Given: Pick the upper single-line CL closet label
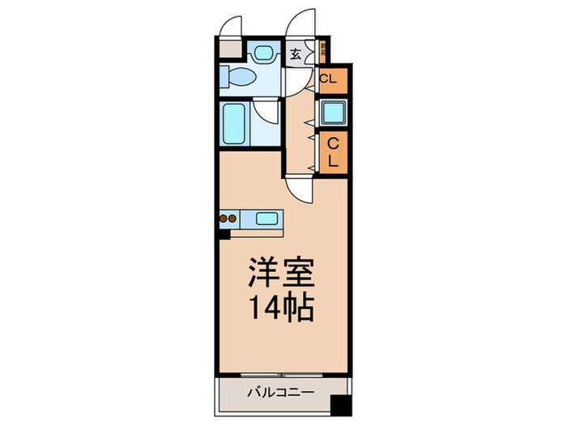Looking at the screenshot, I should tap(328, 79).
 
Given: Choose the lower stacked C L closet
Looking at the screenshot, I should tap(332, 151).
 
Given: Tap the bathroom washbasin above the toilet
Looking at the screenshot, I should tap(262, 53).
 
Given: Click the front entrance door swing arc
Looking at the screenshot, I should tap(303, 24).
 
